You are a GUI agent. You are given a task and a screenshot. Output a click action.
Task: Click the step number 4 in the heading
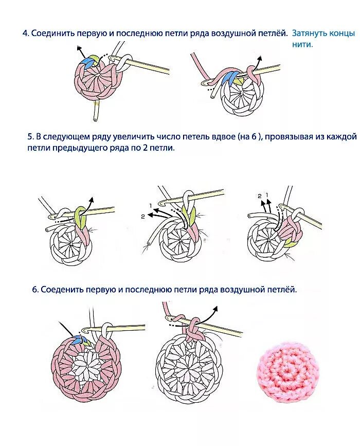coord(25,33)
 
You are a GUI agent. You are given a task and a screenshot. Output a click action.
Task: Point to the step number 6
coord(35,290)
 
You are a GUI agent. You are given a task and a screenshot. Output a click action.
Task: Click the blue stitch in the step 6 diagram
coord(78,338)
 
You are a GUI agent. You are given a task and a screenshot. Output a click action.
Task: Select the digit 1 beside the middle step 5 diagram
coord(151,206)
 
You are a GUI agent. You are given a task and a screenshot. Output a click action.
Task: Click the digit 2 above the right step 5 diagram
coord(260,196)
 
